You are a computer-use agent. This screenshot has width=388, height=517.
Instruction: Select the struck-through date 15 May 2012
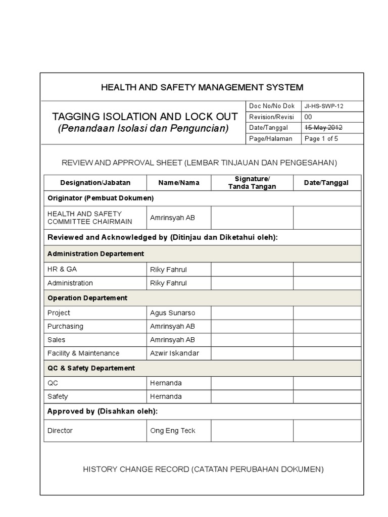[323, 128]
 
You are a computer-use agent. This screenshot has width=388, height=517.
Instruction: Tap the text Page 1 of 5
[321, 139]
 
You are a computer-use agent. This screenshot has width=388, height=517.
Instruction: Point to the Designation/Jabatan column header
[95, 183]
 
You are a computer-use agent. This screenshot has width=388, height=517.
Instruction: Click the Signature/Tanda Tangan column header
[252, 183]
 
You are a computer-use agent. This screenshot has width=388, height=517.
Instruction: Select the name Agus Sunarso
[172, 313]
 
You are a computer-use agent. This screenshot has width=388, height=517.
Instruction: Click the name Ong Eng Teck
[173, 431]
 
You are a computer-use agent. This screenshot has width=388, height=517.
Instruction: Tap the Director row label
[60, 431]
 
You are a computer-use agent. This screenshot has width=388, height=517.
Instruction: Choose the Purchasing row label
[65, 327]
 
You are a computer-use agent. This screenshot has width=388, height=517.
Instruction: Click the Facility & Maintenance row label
[83, 353]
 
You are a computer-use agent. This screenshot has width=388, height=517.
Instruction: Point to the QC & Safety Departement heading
[91, 369]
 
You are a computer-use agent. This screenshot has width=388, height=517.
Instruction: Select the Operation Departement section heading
[87, 298]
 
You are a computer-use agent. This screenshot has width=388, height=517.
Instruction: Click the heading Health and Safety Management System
[202, 87]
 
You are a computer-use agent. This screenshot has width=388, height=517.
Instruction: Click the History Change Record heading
[203, 470]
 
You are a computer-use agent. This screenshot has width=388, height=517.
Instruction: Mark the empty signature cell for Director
[252, 431]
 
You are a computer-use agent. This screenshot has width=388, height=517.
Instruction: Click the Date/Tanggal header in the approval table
[326, 183]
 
